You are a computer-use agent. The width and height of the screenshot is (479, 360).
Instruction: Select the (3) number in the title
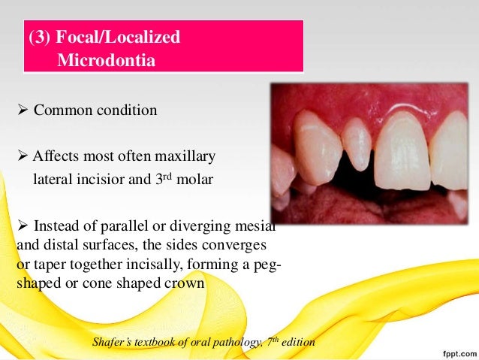41,37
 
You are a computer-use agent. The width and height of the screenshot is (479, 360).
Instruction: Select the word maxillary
185,156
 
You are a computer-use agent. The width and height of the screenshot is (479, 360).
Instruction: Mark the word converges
237,246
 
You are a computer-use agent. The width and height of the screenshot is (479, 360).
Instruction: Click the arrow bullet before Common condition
21,110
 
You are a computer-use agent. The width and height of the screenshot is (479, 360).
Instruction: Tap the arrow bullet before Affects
21,156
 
